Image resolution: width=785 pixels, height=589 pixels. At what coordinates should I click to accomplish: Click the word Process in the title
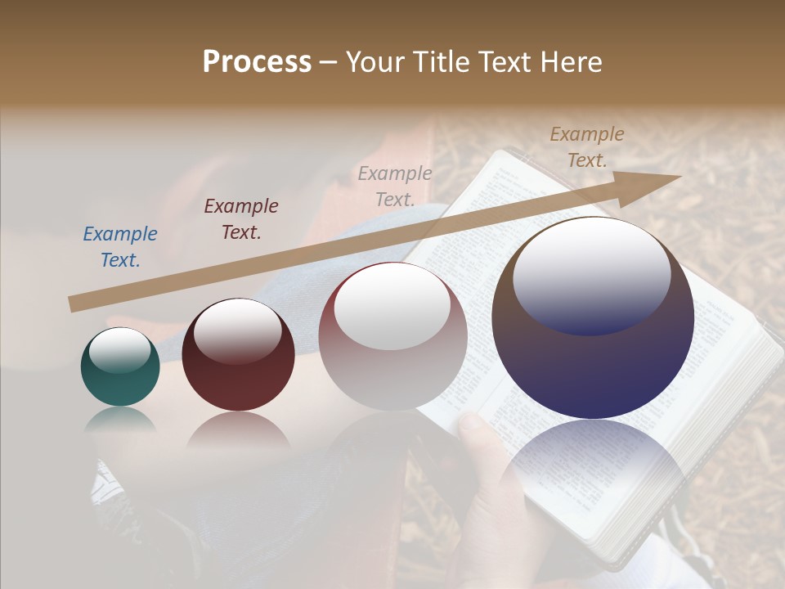coord(257,62)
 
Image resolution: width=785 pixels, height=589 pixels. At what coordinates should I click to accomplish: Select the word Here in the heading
coord(571,62)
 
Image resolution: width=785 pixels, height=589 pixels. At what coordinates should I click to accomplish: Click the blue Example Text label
coord(120,247)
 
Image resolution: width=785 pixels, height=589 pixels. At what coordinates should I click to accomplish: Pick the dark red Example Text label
coord(241,218)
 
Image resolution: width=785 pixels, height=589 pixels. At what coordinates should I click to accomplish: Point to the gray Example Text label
coord(395,186)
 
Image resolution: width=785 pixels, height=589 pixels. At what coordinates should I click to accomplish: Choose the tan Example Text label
coord(587,147)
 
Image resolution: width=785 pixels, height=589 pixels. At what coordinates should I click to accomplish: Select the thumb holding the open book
coord(473,429)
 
